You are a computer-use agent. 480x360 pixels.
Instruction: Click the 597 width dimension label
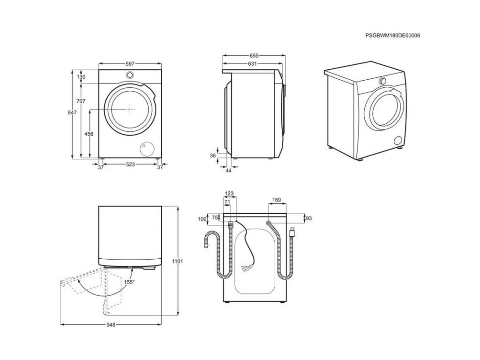click(x=131, y=64)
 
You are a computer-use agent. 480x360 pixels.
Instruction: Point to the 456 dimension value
click(x=89, y=134)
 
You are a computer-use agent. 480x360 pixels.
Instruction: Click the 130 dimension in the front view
click(x=82, y=77)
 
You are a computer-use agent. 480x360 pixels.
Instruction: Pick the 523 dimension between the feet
click(x=131, y=165)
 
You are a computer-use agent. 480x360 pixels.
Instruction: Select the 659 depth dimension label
click(x=253, y=55)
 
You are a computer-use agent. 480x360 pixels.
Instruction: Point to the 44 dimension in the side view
click(x=229, y=170)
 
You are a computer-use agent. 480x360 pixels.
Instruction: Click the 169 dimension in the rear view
click(x=276, y=200)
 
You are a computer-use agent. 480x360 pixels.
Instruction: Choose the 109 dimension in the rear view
click(x=202, y=219)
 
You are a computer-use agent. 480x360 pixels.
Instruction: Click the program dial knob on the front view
click(x=130, y=75)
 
